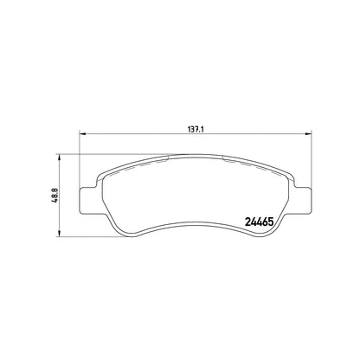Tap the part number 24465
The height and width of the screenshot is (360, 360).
[259, 222]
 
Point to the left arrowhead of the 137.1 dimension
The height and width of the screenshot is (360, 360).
[83, 133]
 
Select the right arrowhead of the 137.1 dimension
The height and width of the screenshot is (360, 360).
[309, 133]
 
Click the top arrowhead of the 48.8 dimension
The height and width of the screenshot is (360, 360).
[59, 157]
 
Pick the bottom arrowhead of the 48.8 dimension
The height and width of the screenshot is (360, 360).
[59, 234]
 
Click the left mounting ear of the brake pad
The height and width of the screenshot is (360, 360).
[87, 201]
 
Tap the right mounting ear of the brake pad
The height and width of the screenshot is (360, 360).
[304, 201]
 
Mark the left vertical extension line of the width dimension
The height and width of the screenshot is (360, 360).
[79, 159]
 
